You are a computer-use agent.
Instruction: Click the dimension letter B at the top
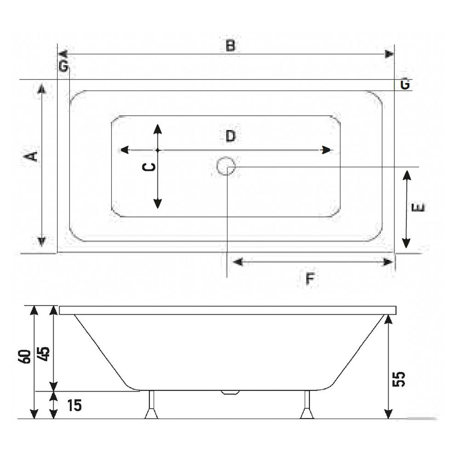pos(231,45)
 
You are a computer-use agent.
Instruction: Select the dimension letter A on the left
pos(31,156)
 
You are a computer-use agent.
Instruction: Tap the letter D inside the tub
pos(231,136)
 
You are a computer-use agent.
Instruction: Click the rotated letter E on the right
pos(419,208)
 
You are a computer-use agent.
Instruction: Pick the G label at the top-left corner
pos(63,66)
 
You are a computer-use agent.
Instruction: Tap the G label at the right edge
pos(404,85)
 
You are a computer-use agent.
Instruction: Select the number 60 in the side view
pos(26,356)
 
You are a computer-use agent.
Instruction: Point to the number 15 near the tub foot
pos(74,405)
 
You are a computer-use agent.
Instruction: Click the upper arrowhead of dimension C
pos(158,128)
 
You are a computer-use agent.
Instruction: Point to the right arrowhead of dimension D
pos(327,150)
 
